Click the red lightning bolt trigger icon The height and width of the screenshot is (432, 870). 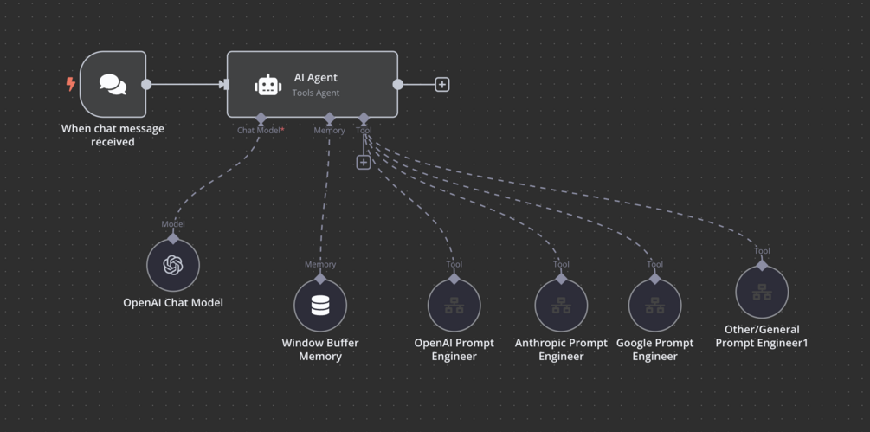71,84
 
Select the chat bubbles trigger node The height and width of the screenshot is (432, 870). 113,84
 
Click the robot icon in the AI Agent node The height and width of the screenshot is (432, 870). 268,85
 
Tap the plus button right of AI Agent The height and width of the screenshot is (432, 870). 442,85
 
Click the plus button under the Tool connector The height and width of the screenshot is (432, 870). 364,162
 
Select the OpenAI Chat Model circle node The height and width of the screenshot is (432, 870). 173,265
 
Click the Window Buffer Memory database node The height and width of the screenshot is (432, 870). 320,305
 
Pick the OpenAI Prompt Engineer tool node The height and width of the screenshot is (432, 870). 454,305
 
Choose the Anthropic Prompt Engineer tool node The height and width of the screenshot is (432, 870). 561,305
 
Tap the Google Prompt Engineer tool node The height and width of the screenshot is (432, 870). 655,305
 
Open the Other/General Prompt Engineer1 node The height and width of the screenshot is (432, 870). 762,292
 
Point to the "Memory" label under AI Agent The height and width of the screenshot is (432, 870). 329,131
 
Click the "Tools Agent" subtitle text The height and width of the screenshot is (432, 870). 316,93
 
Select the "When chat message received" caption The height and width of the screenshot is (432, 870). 113,135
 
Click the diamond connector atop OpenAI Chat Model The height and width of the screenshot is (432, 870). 173,238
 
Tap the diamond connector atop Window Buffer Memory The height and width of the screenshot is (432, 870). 320,278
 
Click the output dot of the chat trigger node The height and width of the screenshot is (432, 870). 146,85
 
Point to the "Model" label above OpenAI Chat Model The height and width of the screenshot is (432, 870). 173,224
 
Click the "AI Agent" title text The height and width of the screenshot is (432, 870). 316,77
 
